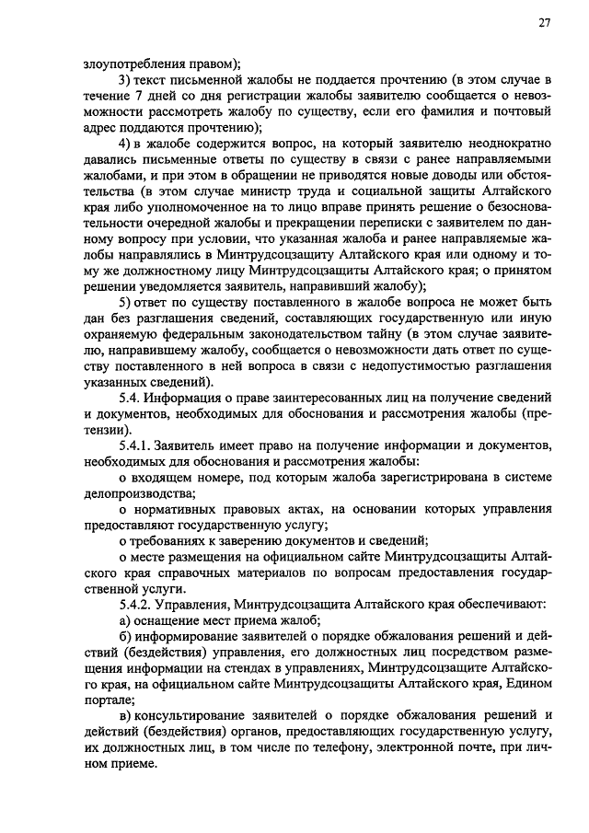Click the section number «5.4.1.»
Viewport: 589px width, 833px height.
tap(139, 445)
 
